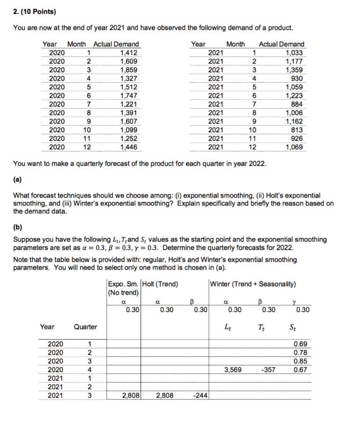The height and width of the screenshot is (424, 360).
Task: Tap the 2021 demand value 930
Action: pyautogui.click(x=297, y=79)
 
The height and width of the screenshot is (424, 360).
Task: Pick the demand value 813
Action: pyautogui.click(x=297, y=130)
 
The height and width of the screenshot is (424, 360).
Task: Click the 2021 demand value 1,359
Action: pyautogui.click(x=294, y=70)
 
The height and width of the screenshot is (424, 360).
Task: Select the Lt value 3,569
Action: pyautogui.click(x=233, y=370)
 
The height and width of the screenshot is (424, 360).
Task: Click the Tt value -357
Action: pyautogui.click(x=268, y=370)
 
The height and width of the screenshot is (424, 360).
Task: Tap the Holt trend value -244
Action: pyautogui.click(x=200, y=396)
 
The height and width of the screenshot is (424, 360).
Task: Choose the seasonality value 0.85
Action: pyautogui.click(x=300, y=361)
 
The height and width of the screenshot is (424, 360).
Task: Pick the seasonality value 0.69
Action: pyautogui.click(x=300, y=344)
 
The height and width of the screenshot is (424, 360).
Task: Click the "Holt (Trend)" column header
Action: pyautogui.click(x=161, y=284)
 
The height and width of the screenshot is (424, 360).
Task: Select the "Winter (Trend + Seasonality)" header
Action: pyautogui.click(x=253, y=284)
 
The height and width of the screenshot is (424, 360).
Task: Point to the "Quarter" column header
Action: pyautogui.click(x=85, y=327)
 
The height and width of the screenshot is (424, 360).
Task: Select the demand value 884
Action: pyautogui.click(x=297, y=104)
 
